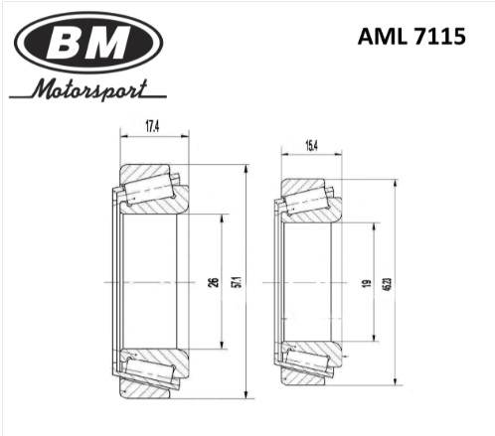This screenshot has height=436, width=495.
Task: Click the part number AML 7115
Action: pyautogui.click(x=412, y=36)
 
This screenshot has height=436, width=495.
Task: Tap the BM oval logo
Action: pyautogui.click(x=88, y=43)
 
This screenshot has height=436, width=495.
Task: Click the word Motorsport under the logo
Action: pyautogui.click(x=89, y=89)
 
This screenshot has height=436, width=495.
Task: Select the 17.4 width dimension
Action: pyautogui.click(x=152, y=126)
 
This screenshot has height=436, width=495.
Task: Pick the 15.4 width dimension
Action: pyautogui.click(x=310, y=145)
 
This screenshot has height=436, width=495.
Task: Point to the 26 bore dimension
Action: pyautogui.click(x=215, y=282)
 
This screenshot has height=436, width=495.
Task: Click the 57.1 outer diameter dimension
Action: pyautogui.click(x=238, y=282)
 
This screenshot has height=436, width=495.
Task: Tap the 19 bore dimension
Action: pyautogui.click(x=367, y=283)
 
